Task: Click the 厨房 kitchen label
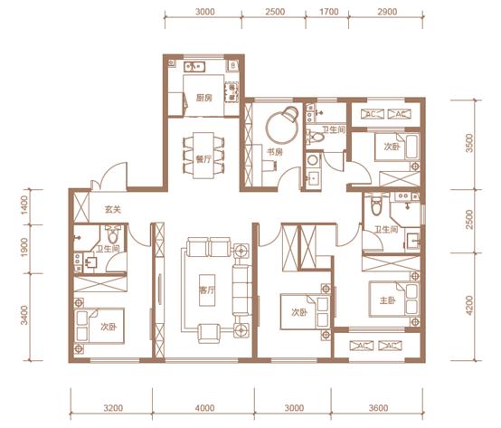pyautogui.click(x=203, y=98)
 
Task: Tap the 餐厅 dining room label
pyautogui.click(x=203, y=159)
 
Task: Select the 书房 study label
pyautogui.click(x=275, y=152)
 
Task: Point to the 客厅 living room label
pyautogui.click(x=207, y=290)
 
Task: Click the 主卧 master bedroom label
pyautogui.click(x=388, y=300)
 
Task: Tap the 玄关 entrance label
pyautogui.click(x=113, y=210)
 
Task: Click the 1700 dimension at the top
pyautogui.click(x=329, y=12)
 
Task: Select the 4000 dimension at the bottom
pyautogui.click(x=204, y=408)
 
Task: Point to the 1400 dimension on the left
pyautogui.click(x=24, y=204)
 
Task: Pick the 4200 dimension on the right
pyautogui.click(x=469, y=305)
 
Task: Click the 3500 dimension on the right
pyautogui.click(x=469, y=143)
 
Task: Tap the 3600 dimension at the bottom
pyautogui.click(x=378, y=408)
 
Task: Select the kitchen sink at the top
pyautogui.click(x=194, y=66)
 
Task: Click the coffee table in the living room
pyautogui.click(x=207, y=290)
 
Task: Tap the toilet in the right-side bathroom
pyautogui.click(x=377, y=204)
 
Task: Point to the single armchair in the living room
pyautogui.click(x=209, y=333)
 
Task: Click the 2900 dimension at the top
pyautogui.click(x=387, y=12)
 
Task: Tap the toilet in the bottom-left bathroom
pyautogui.click(x=112, y=234)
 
